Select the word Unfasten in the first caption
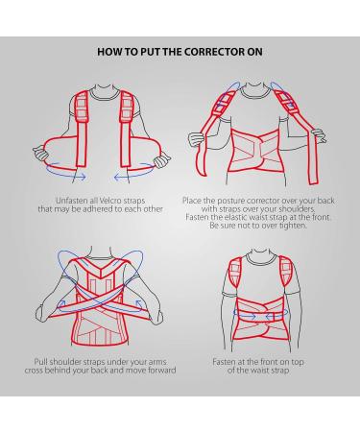tap(69, 201)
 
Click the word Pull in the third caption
tap(40, 362)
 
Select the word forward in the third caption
tap(162, 371)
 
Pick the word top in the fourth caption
tap(298, 363)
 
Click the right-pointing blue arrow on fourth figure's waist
tap(246, 316)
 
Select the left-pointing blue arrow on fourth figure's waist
tap(277, 316)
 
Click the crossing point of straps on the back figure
tap(101, 303)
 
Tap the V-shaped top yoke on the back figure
tap(101, 268)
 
